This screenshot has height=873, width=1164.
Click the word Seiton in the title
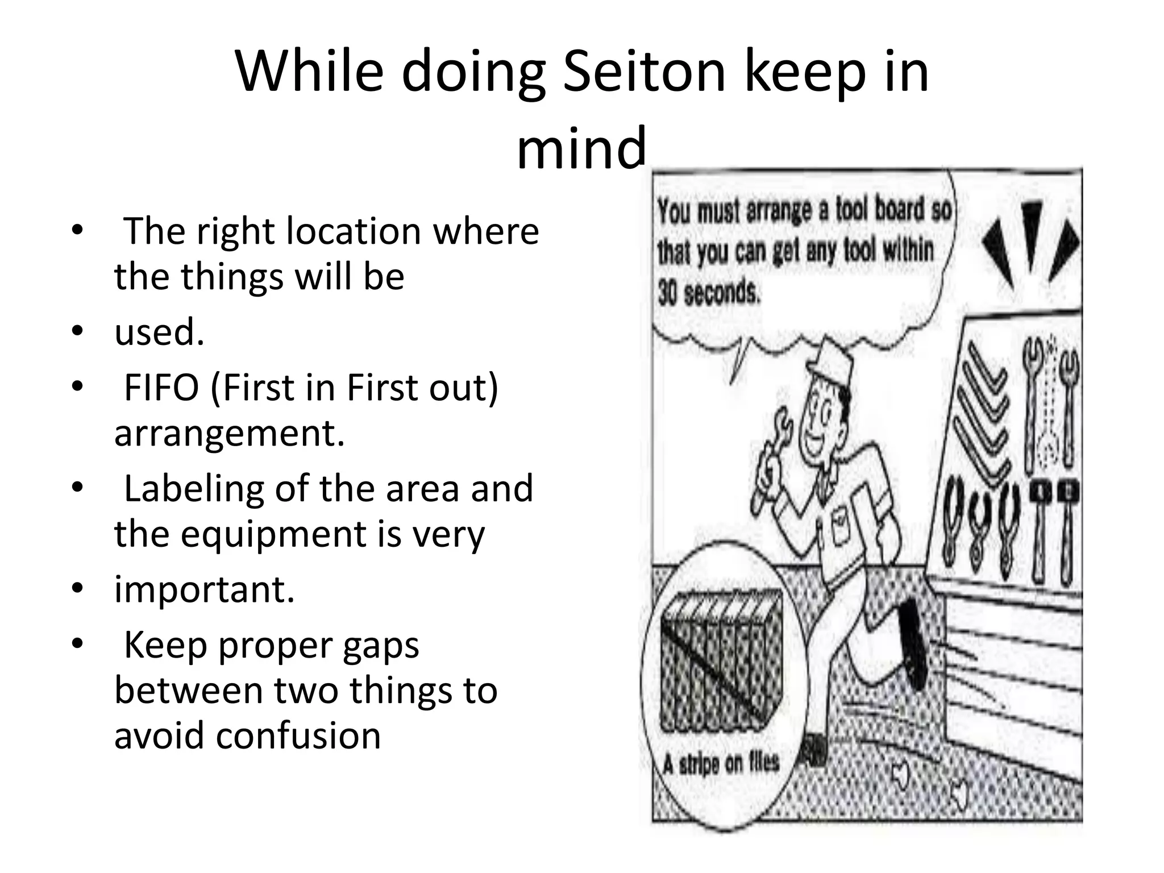(645, 73)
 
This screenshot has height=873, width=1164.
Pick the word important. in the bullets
(205, 590)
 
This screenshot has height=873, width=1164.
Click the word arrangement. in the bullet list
(230, 433)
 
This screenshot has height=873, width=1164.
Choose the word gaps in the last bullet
(381, 646)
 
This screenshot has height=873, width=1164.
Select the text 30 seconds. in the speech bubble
(708, 293)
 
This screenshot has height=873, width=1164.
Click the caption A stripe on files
(721, 764)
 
